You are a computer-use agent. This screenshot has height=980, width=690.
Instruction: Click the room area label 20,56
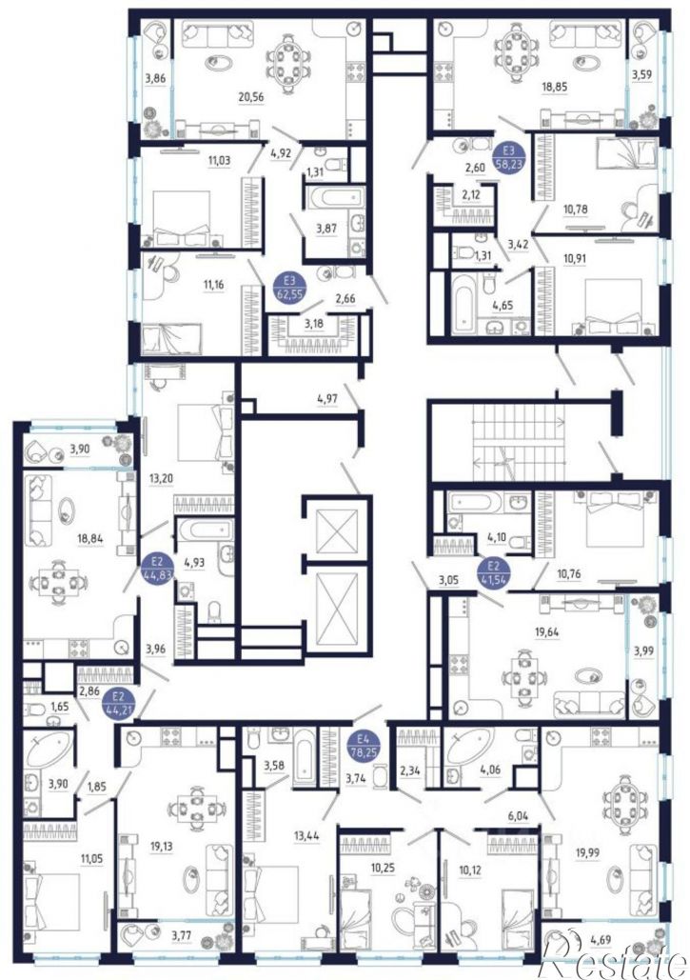point(249,96)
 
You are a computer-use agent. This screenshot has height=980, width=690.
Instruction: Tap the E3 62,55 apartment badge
point(288,288)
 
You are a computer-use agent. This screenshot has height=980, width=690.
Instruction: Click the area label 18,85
point(554,87)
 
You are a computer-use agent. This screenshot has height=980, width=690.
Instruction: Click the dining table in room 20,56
point(287,62)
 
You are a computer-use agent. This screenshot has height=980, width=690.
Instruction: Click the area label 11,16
point(213,285)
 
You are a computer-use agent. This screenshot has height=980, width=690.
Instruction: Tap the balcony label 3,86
point(155,78)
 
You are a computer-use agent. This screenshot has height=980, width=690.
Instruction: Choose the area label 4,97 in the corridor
point(327,397)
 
